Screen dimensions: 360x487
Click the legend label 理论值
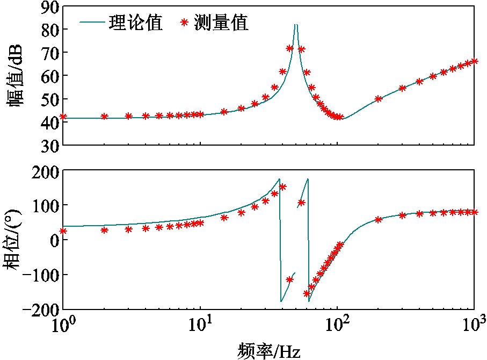coord(135,23)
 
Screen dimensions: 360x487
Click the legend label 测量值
coord(221,23)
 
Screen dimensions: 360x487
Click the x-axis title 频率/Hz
coord(268,350)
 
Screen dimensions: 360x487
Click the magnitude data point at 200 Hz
coord(379,99)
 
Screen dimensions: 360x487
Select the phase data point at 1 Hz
coord(63,231)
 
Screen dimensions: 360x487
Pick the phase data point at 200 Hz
coord(379,219)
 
